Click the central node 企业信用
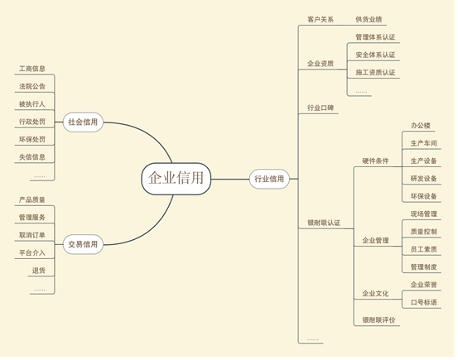[176, 179]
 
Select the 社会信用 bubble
[83, 122]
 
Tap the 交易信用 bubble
[83, 244]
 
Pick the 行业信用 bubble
[269, 179]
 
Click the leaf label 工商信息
[32, 69]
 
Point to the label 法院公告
[32, 86]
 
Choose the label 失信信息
[32, 157]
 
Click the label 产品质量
[32, 199]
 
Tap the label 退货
[39, 271]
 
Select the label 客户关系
[321, 20]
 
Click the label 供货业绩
[369, 20]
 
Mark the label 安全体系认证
[375, 55]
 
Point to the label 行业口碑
[321, 108]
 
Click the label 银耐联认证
[324, 223]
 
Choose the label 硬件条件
[375, 161]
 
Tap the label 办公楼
[421, 126]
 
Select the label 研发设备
[424, 179]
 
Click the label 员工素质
[424, 249]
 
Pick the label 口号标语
[424, 302]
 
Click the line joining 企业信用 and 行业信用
[230, 179]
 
